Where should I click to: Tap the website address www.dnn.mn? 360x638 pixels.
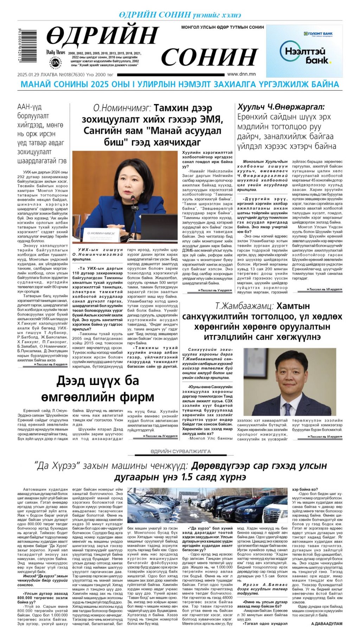pyautogui.click(x=241, y=74)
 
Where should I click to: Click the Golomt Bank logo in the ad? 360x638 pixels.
pyautogui.click(x=318, y=34)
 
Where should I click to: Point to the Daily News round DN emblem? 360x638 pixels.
pyautogui.click(x=56, y=62)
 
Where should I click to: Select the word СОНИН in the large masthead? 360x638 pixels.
pyautogui.click(x=210, y=57)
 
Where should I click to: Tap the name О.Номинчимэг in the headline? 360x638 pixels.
pyautogui.click(x=122, y=108)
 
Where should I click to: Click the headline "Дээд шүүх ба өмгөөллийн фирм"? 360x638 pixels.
pyautogui.click(x=98, y=389)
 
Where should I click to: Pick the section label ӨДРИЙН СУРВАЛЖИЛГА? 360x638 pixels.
pyautogui.click(x=181, y=451)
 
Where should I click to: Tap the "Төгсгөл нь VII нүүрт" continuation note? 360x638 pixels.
pyautogui.click(x=319, y=289)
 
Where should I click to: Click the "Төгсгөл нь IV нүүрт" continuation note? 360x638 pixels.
pyautogui.click(x=160, y=436)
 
